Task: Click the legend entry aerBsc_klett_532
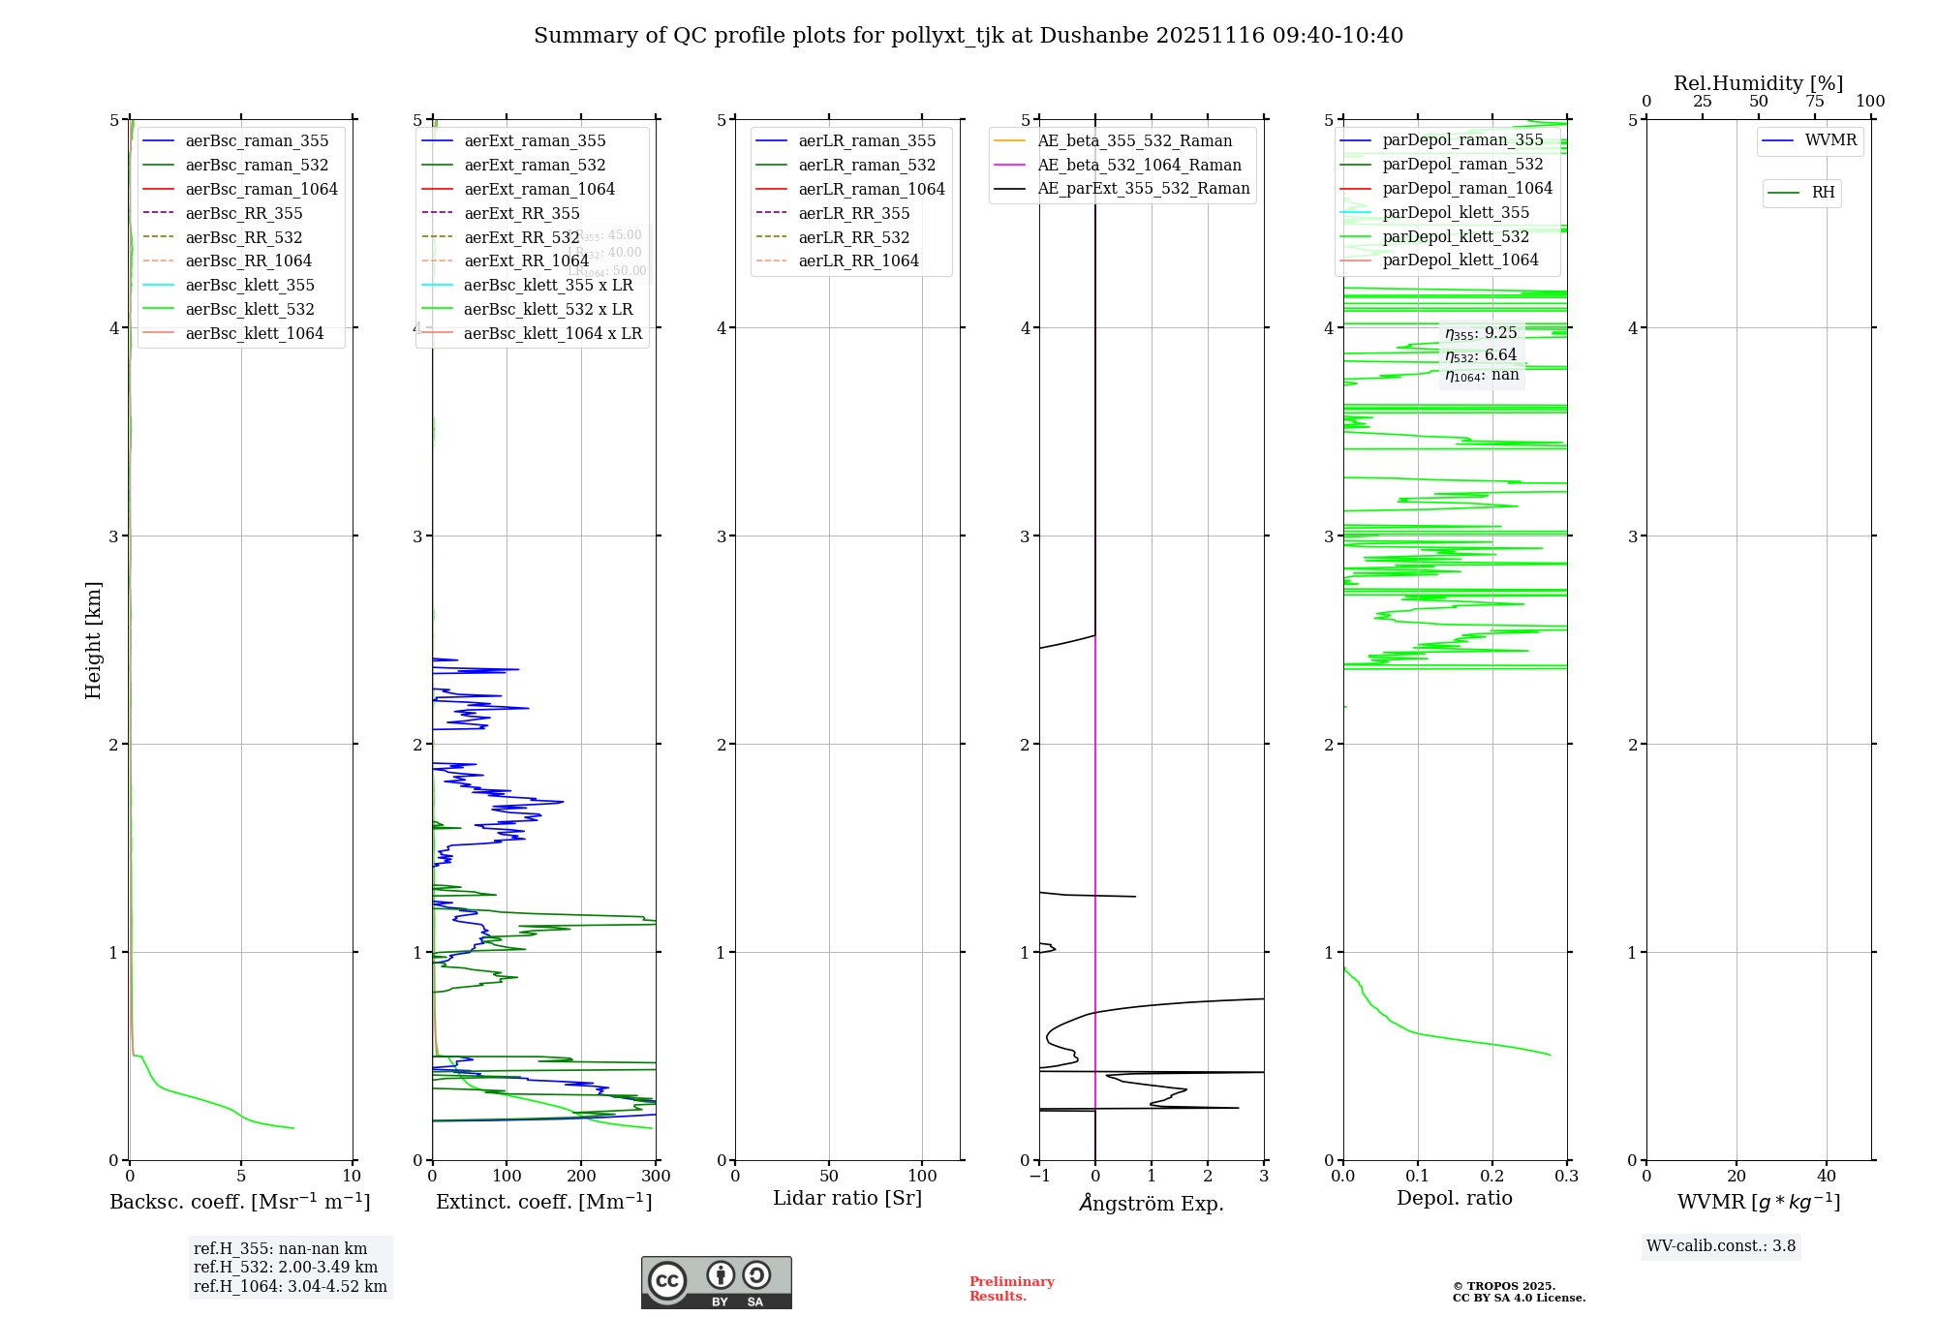click(250, 310)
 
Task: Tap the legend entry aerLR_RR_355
click(853, 214)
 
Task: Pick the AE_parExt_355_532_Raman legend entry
click(1143, 189)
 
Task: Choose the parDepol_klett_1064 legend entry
click(1460, 260)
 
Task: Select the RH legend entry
click(1823, 193)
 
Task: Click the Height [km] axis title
click(93, 640)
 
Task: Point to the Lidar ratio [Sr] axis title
click(847, 1199)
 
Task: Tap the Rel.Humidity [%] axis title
click(1758, 83)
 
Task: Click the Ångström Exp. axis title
click(1152, 1204)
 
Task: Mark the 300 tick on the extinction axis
click(656, 1177)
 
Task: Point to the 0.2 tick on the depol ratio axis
click(1492, 1177)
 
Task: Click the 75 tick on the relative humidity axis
click(1815, 102)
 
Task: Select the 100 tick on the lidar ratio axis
click(922, 1177)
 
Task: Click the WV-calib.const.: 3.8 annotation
click(1721, 1246)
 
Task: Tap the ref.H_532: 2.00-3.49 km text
click(286, 1268)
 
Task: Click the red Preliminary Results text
click(1011, 1289)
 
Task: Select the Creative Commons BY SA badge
click(716, 1283)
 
